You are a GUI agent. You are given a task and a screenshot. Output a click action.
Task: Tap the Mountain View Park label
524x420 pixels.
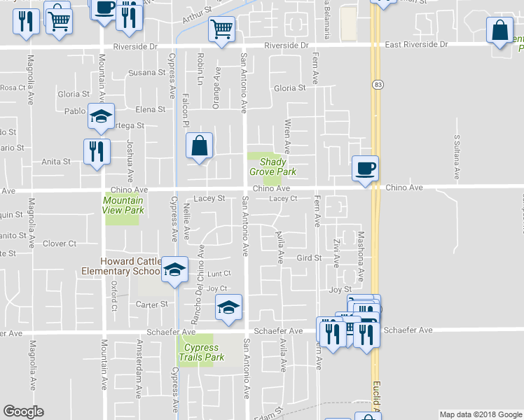click(123, 205)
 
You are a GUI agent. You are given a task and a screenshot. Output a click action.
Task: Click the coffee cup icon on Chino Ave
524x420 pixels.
click(365, 169)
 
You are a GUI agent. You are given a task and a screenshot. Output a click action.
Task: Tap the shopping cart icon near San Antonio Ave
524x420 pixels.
click(221, 30)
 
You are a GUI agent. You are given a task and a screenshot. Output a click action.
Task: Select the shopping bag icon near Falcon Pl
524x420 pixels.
click(200, 147)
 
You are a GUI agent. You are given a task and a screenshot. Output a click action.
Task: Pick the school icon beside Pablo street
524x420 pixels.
click(101, 116)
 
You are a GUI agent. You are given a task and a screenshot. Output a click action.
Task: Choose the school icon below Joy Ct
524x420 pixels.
click(228, 308)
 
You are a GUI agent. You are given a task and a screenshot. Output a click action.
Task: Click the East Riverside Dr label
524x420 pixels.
click(416, 44)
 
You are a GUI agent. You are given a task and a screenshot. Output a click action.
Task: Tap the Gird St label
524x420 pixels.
click(308, 258)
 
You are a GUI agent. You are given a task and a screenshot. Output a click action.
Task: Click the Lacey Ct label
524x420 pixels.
click(284, 199)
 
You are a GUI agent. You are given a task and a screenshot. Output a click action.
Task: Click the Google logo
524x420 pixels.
click(23, 412)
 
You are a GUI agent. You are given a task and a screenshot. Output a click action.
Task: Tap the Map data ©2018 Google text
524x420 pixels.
click(480, 414)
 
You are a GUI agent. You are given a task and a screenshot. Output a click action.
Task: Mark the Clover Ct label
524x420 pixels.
click(60, 244)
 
